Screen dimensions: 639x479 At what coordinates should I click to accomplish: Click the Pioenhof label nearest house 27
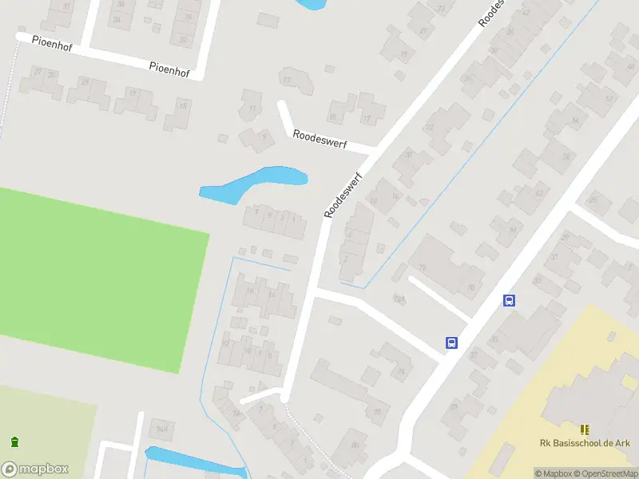[52, 42]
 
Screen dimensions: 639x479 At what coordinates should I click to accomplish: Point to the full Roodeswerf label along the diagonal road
[344, 196]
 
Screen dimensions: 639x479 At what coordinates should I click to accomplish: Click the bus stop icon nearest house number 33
[451, 342]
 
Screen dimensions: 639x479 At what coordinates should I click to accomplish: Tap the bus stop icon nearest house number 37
[509, 301]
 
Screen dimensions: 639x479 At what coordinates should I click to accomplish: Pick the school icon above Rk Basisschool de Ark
[584, 429]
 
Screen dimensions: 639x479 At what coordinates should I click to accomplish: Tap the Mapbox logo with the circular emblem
[35, 469]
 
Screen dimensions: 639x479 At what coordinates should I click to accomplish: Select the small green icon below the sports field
[14, 441]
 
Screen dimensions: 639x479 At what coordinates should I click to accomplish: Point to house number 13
[287, 79]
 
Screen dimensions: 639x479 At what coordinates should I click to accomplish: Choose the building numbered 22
[430, 128]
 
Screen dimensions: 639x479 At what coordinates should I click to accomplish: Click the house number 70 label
[471, 287]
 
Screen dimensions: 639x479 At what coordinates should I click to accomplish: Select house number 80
[355, 445]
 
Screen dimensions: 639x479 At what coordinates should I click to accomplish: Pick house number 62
[538, 194]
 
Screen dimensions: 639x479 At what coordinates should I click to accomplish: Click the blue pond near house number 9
[252, 184]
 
